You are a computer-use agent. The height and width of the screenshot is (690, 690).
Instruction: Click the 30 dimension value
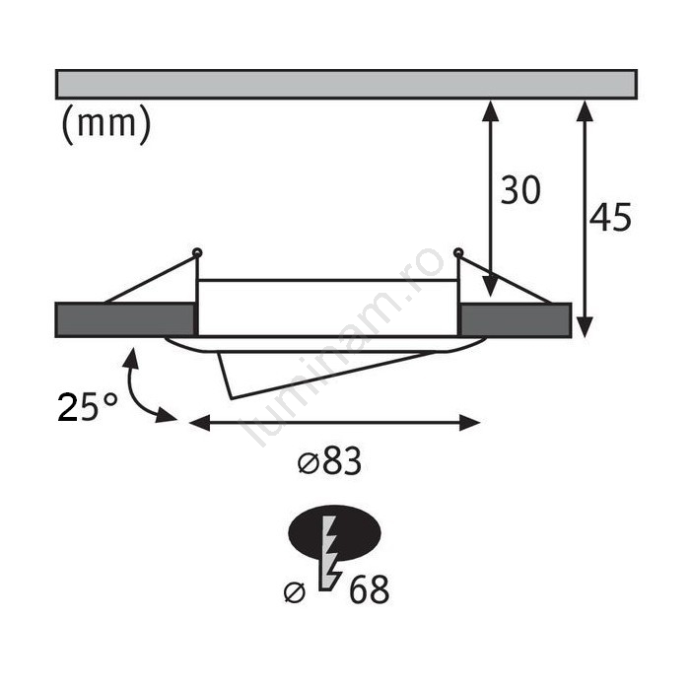520,190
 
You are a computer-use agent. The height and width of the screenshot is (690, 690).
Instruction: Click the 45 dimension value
610,217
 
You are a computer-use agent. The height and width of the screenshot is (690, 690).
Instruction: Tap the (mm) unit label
106,125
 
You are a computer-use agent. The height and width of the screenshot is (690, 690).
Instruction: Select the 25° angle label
88,407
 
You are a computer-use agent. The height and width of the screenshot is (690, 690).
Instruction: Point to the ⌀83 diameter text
329,461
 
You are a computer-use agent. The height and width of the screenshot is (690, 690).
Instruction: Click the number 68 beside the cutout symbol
369,589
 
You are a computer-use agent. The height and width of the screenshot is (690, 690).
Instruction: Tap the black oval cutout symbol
334,533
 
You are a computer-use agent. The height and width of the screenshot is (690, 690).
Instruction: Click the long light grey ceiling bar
346,84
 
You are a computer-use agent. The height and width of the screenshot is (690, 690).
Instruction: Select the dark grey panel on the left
124,320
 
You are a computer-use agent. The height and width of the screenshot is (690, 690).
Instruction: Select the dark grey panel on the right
516,320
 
